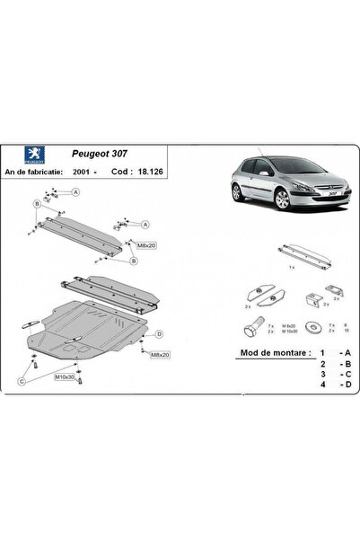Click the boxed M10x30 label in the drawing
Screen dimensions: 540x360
66,376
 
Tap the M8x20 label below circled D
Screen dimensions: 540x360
160,356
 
